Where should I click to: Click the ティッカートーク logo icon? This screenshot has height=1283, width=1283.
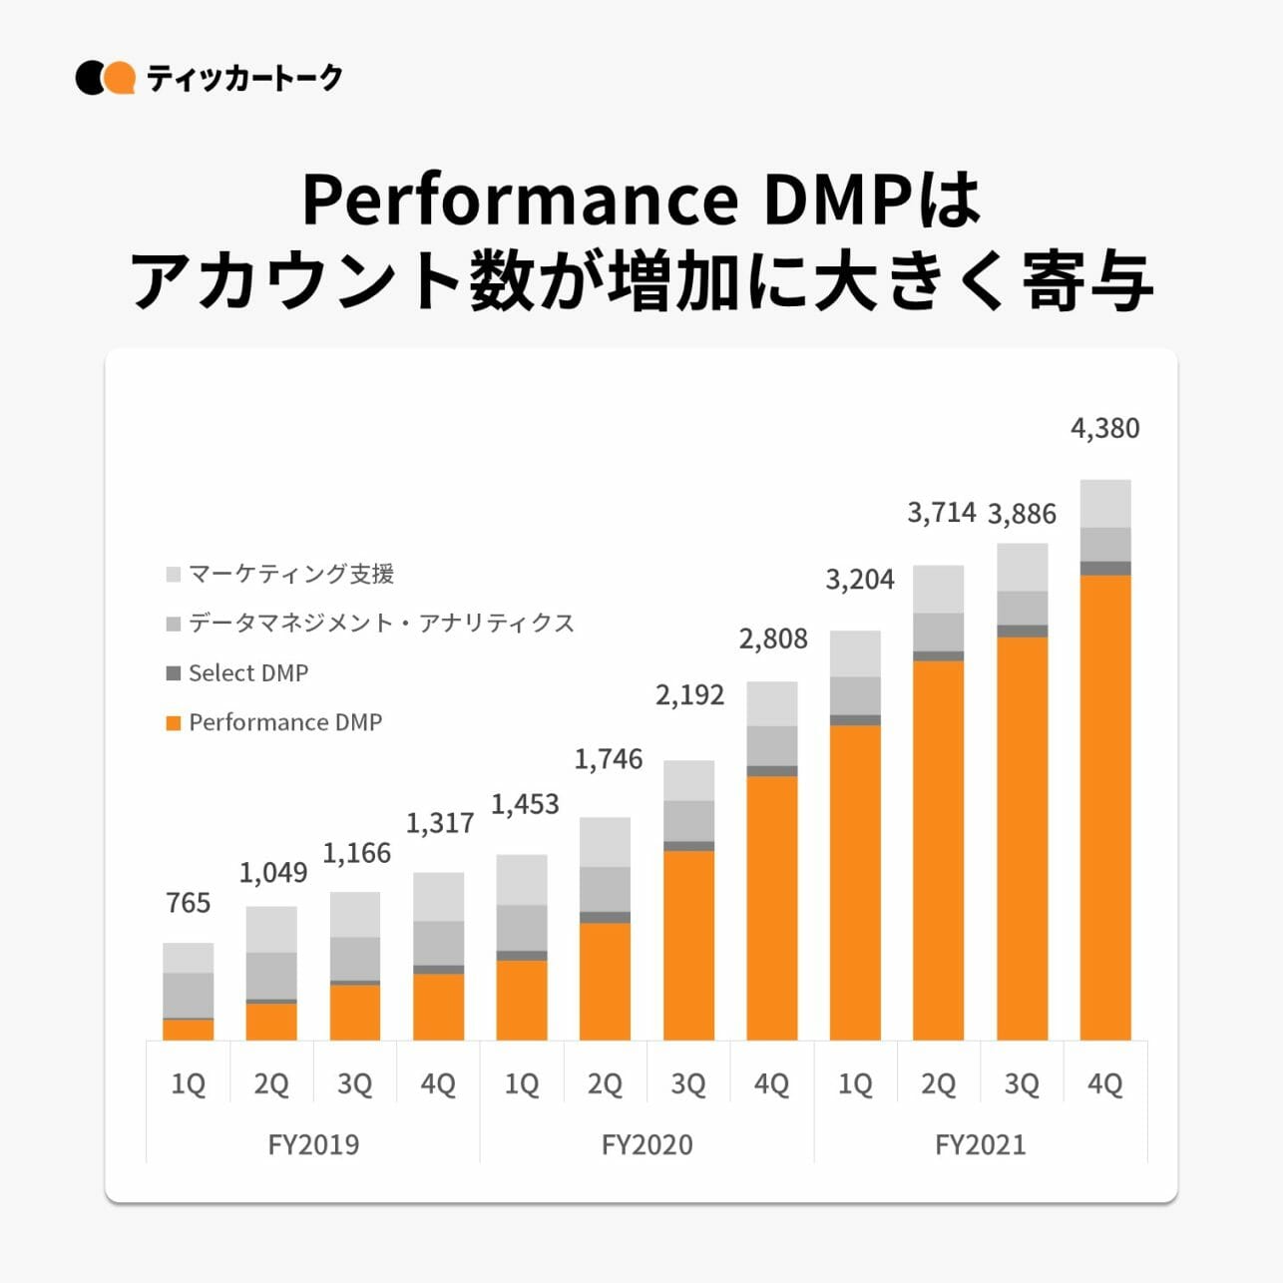[x=105, y=78]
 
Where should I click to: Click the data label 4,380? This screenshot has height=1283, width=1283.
[x=1104, y=428]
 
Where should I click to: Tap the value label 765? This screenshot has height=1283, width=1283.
[x=189, y=903]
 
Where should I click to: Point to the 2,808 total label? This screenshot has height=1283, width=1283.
[x=773, y=639]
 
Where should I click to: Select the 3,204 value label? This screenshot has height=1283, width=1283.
[x=860, y=580]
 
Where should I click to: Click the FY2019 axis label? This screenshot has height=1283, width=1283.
[x=313, y=1144]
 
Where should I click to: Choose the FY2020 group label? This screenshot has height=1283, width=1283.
[x=646, y=1144]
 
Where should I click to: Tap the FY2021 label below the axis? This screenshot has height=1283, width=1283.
[x=980, y=1144]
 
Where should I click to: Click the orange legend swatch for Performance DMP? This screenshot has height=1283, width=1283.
[x=174, y=722]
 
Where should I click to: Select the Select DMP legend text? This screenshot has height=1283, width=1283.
[x=248, y=673]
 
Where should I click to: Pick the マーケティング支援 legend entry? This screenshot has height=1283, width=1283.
[x=291, y=574]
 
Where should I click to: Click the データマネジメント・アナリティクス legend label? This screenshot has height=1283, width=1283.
[x=381, y=624]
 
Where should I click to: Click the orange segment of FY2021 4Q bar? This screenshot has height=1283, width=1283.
[x=1105, y=808]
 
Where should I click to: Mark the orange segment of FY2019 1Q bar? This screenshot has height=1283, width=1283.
[x=189, y=1030]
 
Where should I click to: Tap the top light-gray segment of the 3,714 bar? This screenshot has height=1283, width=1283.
[x=939, y=589]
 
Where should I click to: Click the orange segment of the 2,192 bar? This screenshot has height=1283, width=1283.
[x=688, y=945]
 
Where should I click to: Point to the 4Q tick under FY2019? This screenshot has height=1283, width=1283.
[x=438, y=1083]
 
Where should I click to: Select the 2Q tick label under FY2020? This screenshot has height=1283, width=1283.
[x=605, y=1083]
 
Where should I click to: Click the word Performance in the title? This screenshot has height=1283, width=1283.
[x=520, y=200]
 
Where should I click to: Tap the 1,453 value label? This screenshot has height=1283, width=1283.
[x=525, y=804]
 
